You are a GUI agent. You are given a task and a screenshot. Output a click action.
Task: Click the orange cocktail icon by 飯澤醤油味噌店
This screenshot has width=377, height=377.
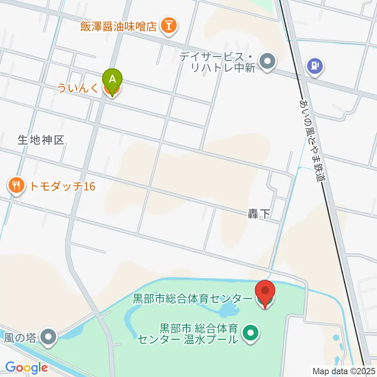coord(170,26)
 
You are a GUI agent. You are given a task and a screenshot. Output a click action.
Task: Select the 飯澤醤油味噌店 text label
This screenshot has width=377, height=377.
coord(119,27)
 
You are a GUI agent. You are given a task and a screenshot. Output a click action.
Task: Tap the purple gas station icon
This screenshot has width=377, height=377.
coord(315,65)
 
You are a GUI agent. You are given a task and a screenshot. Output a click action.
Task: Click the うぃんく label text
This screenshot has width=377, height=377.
coord(78,88)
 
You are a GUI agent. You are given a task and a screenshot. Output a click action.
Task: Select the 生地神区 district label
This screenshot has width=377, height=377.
coord(41,140)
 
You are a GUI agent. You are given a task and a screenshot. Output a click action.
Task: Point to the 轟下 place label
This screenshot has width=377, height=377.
coord(259,214)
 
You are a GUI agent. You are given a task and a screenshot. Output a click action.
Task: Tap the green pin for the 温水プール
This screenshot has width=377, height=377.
coord(250,333)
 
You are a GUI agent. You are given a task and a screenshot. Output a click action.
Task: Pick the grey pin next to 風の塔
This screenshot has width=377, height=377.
coord(49,337)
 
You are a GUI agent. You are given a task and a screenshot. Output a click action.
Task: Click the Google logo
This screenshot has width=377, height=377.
coord(26,368)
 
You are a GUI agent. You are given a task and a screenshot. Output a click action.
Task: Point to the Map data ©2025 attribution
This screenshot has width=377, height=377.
coord(344,371)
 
